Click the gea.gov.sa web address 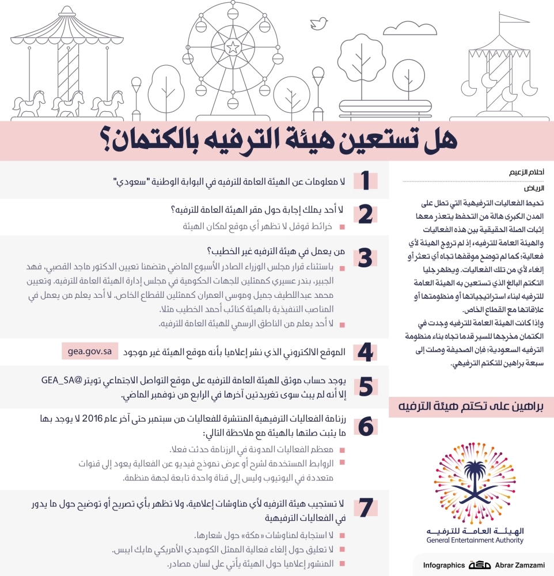coord(89,352)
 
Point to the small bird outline coord(317,22)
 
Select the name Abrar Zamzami coord(522,565)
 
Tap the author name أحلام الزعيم coord(527,173)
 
